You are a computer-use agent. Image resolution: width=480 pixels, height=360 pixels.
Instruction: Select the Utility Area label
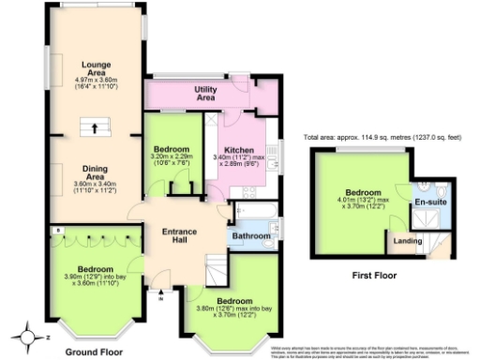[205, 93]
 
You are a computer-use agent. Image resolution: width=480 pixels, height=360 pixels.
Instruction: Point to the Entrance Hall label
[178, 236]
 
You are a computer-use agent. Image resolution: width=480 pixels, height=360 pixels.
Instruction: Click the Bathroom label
[251, 235]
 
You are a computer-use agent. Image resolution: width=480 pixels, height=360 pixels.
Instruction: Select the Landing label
[407, 240]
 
